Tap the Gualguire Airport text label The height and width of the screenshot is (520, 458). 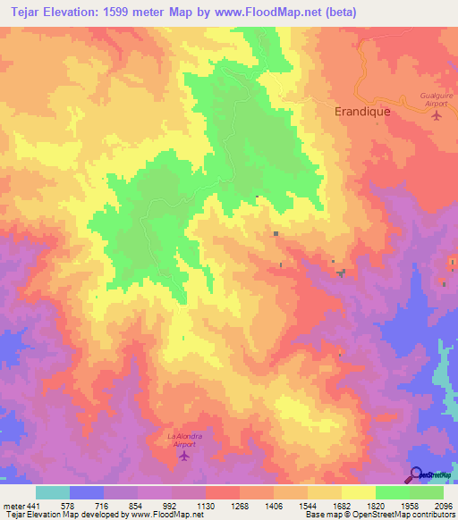tap(437, 98)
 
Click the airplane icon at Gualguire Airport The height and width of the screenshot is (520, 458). tap(437, 115)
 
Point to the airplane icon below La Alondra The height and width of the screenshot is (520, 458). tap(185, 457)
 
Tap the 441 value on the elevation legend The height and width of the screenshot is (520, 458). tap(32, 505)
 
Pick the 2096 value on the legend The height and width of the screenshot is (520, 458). tap(444, 505)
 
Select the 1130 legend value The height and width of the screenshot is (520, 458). tap(206, 505)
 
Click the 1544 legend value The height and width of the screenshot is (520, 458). tap(308, 505)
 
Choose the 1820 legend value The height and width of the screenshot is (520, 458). tap(376, 505)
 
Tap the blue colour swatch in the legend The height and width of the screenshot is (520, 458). tap(86, 492)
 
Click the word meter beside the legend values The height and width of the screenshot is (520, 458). tap(12, 505)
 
